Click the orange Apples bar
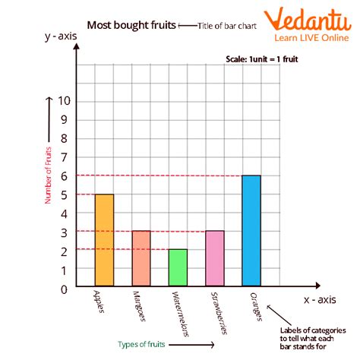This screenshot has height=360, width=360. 104,241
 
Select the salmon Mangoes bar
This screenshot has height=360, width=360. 141,259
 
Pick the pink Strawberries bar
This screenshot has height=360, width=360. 214,259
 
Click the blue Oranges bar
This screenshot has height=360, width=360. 251,232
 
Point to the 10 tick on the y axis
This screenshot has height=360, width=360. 64,101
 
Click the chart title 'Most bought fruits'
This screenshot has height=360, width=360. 130,25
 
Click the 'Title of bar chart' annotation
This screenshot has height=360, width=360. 226,26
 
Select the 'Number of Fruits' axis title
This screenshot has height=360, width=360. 48,174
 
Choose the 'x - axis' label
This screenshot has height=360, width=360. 321,300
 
